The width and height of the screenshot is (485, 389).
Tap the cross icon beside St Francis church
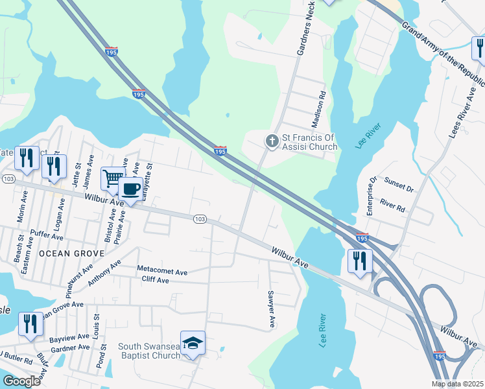[270, 140]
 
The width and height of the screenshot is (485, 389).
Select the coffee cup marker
[130, 189]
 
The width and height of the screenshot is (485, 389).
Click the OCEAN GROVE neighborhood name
[71, 253]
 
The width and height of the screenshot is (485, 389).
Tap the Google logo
[21, 381]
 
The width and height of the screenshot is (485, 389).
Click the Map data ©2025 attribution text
[458, 384]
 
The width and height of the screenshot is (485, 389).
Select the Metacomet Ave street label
[162, 268]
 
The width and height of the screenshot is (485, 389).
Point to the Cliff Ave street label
[155, 280]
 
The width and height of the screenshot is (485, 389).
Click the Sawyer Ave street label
[271, 308]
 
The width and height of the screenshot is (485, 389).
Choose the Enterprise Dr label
[371, 195]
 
